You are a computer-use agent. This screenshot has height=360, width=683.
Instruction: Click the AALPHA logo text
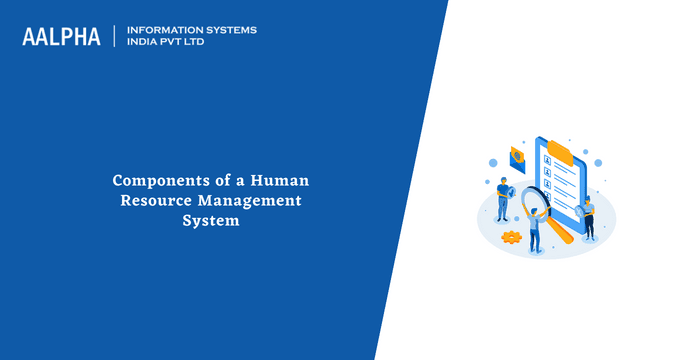(x=61, y=36)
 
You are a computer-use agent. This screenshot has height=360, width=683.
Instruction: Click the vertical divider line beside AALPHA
(x=115, y=36)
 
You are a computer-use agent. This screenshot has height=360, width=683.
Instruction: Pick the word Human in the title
(x=280, y=181)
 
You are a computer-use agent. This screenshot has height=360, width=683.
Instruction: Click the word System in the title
(x=210, y=220)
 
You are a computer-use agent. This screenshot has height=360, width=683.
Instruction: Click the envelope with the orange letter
(x=519, y=156)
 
